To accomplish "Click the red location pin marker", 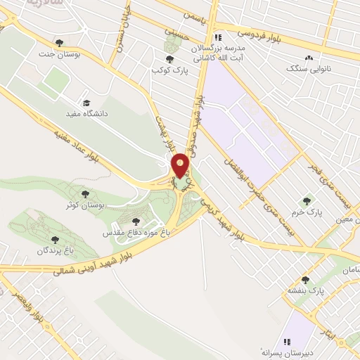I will [x=181, y=166].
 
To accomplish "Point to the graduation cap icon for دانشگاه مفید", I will [x=86, y=103].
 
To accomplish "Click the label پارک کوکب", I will [x=169, y=70].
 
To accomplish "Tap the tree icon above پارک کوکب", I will [x=169, y=59].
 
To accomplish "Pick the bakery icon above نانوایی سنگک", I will [x=307, y=58].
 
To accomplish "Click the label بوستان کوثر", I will [x=86, y=204].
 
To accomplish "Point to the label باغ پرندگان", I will [x=56, y=250].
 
